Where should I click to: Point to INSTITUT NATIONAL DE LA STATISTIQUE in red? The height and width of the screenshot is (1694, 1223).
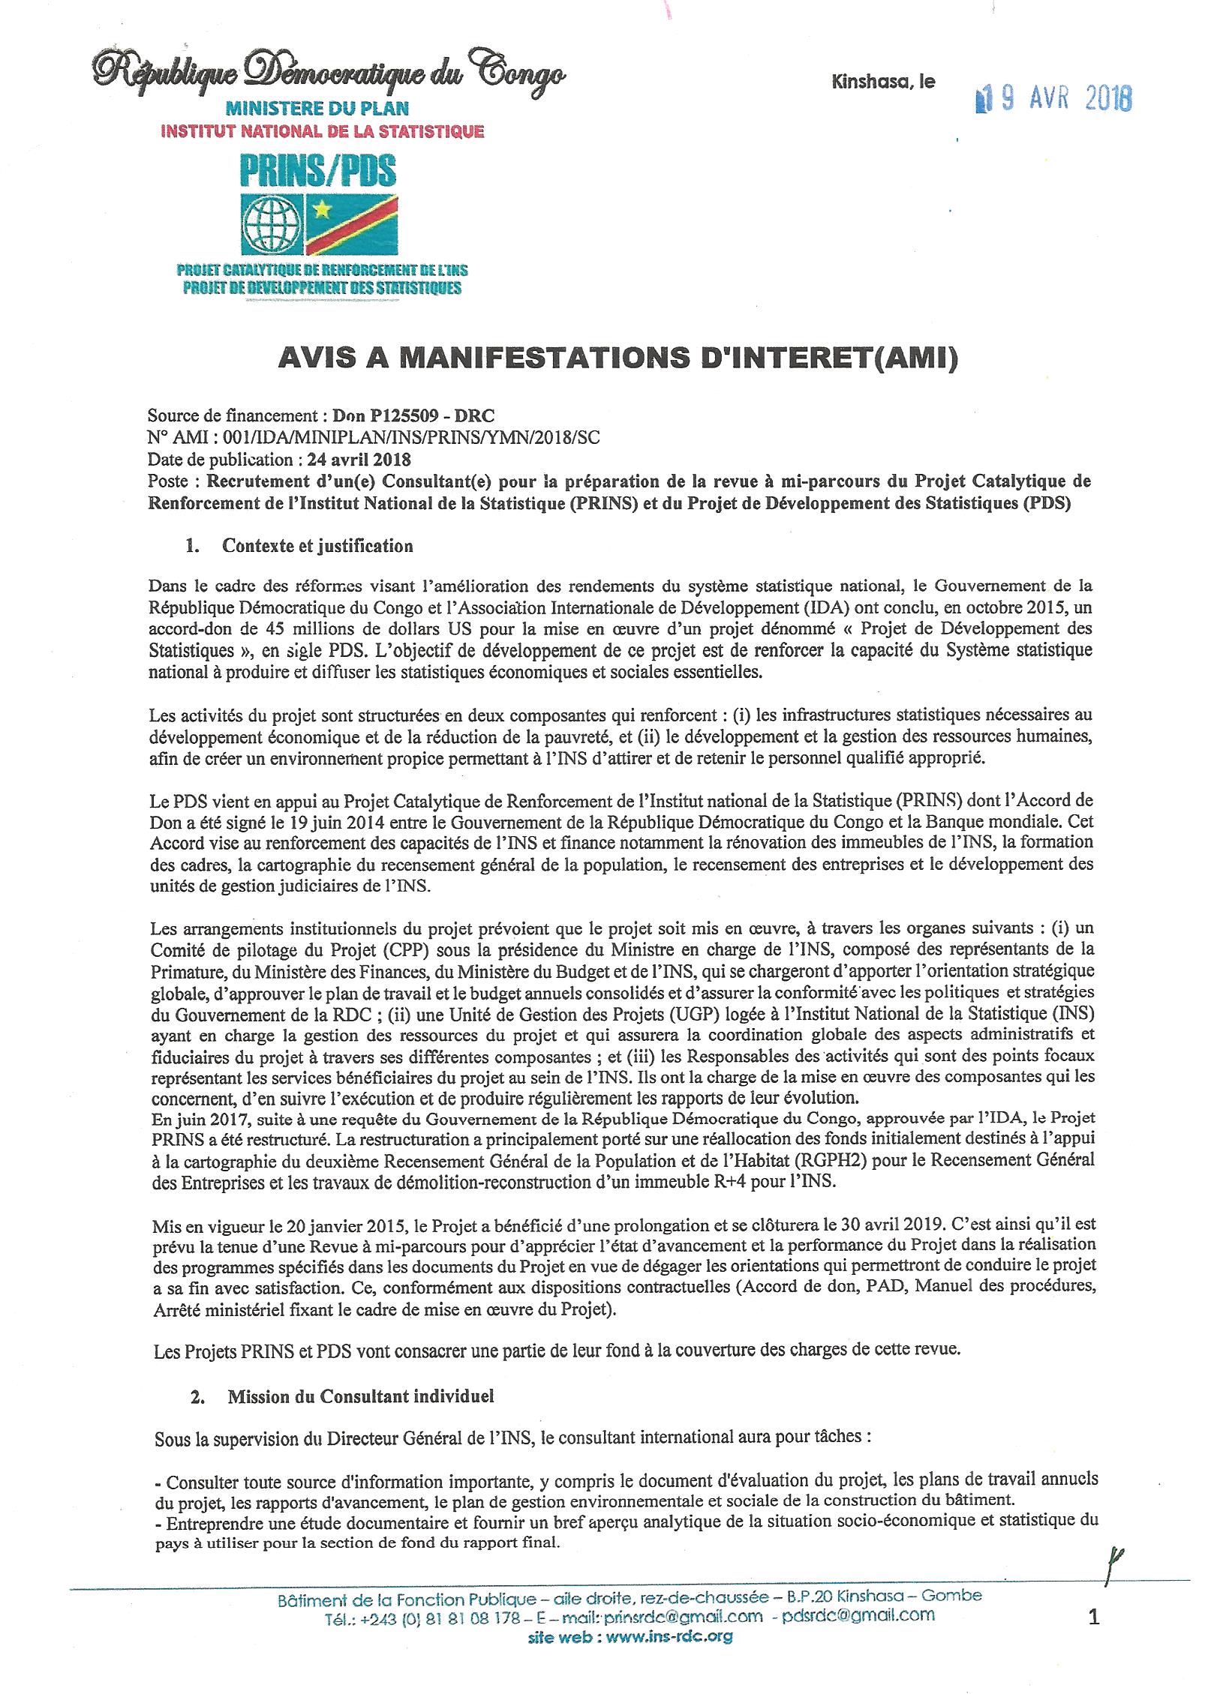coord(323,132)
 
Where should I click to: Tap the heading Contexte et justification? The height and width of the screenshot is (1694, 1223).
coord(317,546)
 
